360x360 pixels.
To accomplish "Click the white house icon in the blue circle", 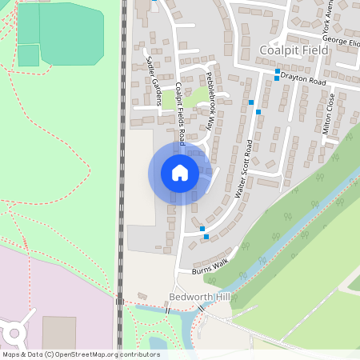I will click(x=180, y=172).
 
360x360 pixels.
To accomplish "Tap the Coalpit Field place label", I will click(x=294, y=50).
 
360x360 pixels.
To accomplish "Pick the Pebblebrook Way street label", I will click(x=210, y=100).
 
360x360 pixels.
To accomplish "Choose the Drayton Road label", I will click(x=303, y=82).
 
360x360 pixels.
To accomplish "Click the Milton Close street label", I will click(x=327, y=113).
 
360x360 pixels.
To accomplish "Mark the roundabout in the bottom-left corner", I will click(x=14, y=332).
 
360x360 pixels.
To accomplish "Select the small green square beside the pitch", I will click(x=28, y=55).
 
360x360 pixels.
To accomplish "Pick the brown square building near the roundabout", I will click(x=59, y=332).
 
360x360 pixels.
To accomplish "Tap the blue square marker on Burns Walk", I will click(x=206, y=237).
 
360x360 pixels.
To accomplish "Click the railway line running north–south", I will click(x=122, y=160).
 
